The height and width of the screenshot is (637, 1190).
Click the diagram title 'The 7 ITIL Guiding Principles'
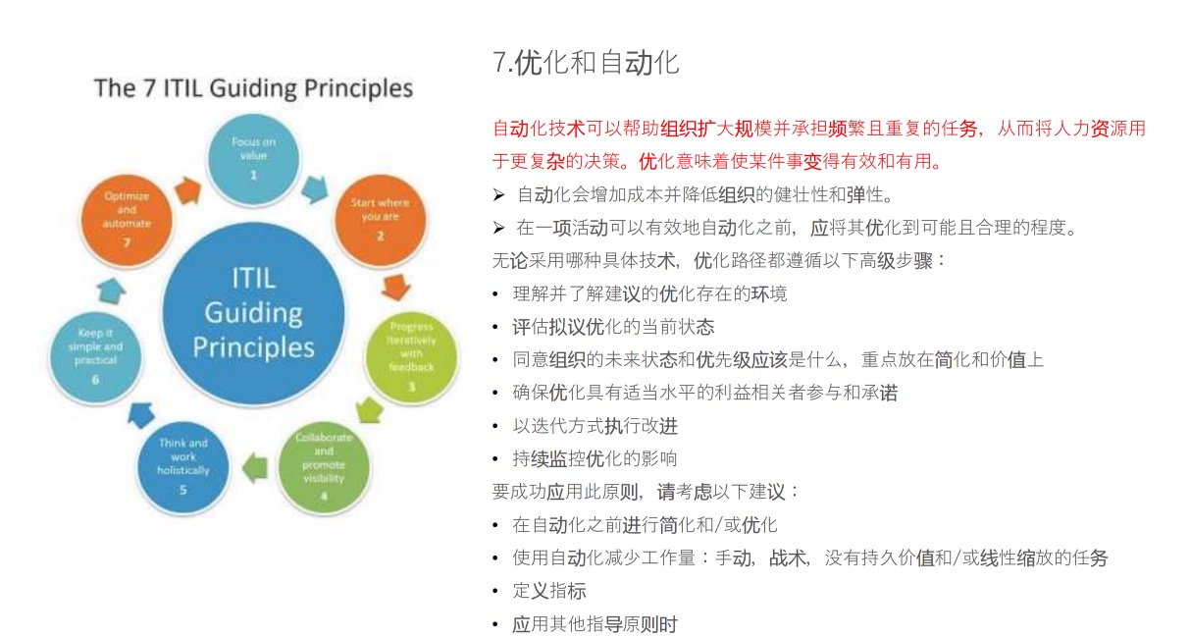click(x=253, y=88)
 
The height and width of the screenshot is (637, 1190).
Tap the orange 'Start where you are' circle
click(x=380, y=220)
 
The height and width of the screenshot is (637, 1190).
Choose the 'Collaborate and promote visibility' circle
click(x=324, y=467)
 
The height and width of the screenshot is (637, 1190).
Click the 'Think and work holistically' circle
click(x=182, y=467)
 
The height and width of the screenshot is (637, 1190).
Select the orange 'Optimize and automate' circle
click(x=127, y=220)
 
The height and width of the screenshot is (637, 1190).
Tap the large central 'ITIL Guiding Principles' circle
click(x=253, y=311)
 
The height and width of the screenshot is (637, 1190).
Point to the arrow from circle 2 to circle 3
click(x=395, y=287)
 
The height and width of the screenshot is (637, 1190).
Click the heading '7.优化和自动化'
click(x=586, y=64)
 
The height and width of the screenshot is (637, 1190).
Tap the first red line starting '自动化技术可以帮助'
click(x=818, y=129)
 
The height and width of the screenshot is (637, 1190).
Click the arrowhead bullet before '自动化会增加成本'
click(x=498, y=193)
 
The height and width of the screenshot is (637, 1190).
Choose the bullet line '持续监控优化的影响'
click(x=595, y=458)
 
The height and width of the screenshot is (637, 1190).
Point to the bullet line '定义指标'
click(x=549, y=591)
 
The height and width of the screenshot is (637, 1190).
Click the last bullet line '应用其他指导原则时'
click(x=595, y=624)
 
